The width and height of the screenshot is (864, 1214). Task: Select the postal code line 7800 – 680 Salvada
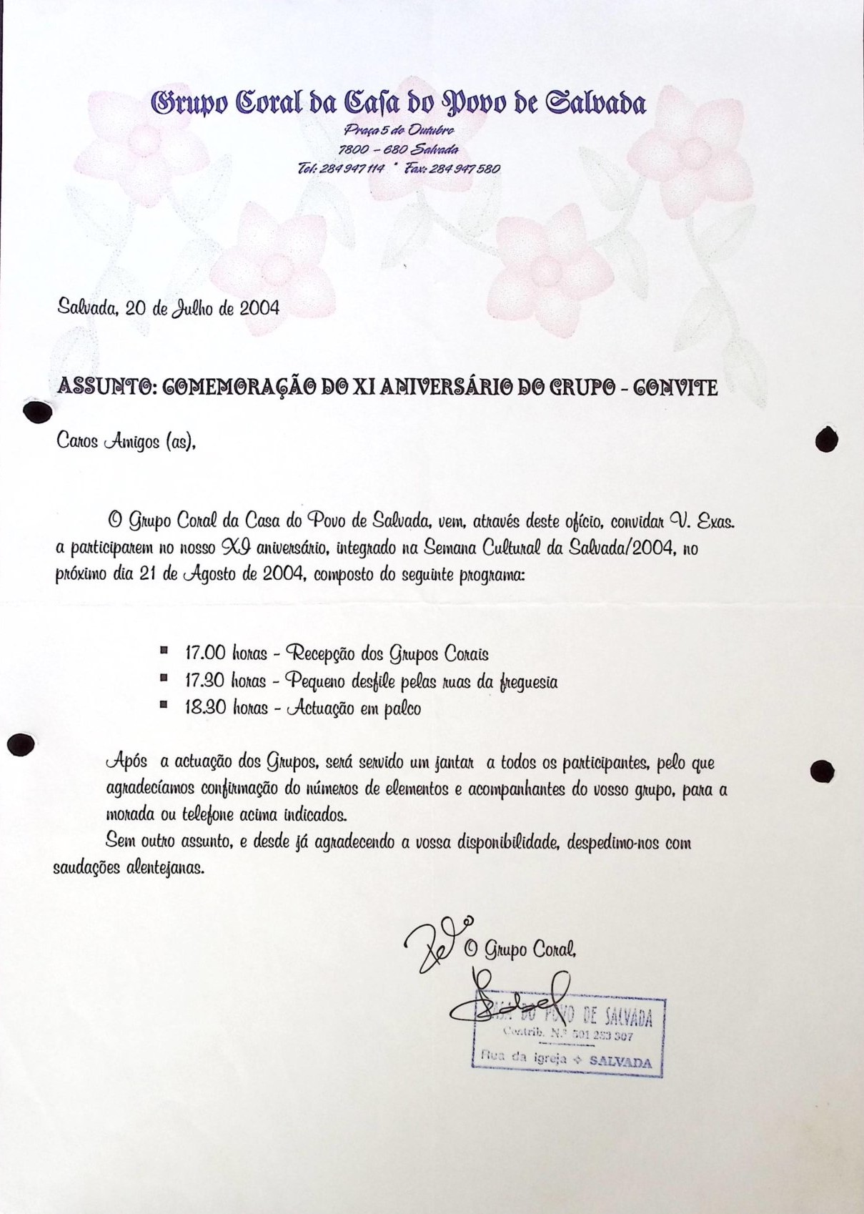pyautogui.click(x=398, y=149)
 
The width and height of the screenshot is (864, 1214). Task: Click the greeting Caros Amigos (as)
pyautogui.click(x=126, y=443)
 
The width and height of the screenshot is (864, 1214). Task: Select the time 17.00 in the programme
pyautogui.click(x=205, y=653)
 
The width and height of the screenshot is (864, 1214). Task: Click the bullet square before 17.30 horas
pyautogui.click(x=164, y=677)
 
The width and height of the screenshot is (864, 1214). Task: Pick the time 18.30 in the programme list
pyautogui.click(x=205, y=708)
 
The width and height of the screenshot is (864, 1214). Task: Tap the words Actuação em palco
pyautogui.click(x=353, y=709)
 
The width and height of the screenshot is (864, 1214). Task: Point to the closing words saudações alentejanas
pyautogui.click(x=129, y=869)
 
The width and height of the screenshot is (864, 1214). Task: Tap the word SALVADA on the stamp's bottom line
pyautogui.click(x=620, y=1062)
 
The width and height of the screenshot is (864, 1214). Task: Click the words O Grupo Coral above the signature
pyautogui.click(x=520, y=949)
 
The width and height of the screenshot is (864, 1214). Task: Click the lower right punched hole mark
pyautogui.click(x=823, y=771)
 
